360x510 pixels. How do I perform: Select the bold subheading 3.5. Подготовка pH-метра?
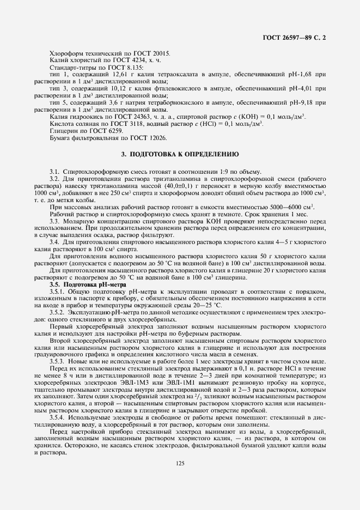[87, 285]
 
